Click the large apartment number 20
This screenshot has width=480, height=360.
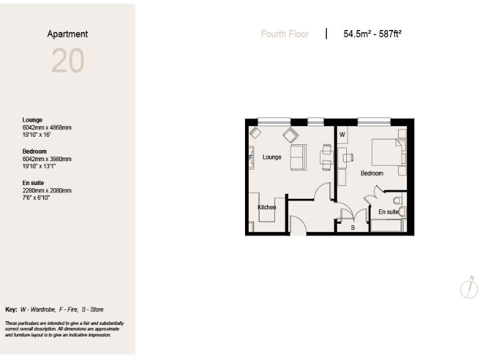(x=67, y=61)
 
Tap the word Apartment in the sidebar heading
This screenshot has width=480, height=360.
(x=67, y=34)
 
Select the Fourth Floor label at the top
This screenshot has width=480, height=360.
(x=284, y=34)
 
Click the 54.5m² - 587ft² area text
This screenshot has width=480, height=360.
(x=372, y=34)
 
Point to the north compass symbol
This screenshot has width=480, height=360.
(x=469, y=287)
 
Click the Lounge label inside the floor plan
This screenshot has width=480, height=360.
(x=272, y=157)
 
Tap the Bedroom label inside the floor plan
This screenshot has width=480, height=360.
(x=372, y=173)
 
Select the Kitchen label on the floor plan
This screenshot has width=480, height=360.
(x=267, y=207)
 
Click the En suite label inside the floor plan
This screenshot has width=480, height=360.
(x=388, y=212)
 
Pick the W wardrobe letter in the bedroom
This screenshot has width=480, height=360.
(x=342, y=134)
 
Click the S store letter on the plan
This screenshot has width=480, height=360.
(x=352, y=227)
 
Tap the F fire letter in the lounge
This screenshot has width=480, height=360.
(x=251, y=157)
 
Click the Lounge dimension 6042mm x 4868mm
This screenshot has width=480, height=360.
(x=47, y=127)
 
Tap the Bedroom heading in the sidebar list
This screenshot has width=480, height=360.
(x=35, y=151)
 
